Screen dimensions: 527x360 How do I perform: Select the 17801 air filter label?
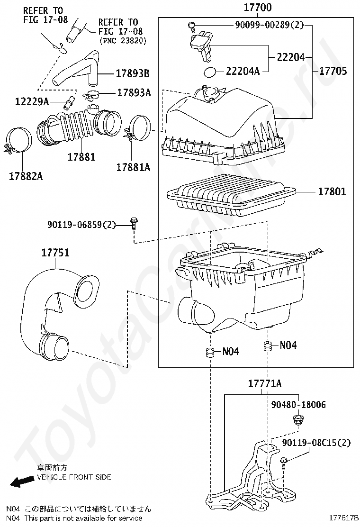coord(332,192)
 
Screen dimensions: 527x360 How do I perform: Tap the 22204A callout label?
coord(243,71)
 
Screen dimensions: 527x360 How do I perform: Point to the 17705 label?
coord(333,71)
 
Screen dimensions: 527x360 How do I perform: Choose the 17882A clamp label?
coord(26,176)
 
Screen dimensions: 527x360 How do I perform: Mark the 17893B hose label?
coord(133,73)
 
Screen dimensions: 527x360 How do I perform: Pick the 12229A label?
coord(32,101)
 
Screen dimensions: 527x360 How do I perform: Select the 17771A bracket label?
coord(265,383)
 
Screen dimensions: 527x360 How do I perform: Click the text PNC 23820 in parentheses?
coord(123,41)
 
